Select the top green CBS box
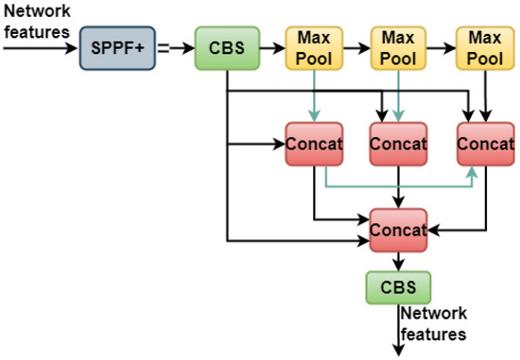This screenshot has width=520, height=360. (x=228, y=46)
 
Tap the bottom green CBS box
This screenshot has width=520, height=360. (x=397, y=285)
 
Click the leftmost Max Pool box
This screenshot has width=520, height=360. (x=313, y=46)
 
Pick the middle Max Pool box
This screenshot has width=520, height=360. (x=398, y=46)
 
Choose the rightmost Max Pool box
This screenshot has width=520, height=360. (x=483, y=46)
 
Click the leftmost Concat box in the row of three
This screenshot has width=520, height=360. (x=313, y=145)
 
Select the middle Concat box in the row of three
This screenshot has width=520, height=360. (x=398, y=145)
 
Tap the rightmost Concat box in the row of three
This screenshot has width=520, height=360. (x=483, y=145)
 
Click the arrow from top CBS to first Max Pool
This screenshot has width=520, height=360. (x=272, y=46)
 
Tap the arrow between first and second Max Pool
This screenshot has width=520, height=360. (x=356, y=46)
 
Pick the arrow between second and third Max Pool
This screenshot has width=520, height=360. (x=442, y=46)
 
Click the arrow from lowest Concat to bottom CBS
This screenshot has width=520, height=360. (x=397, y=261)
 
